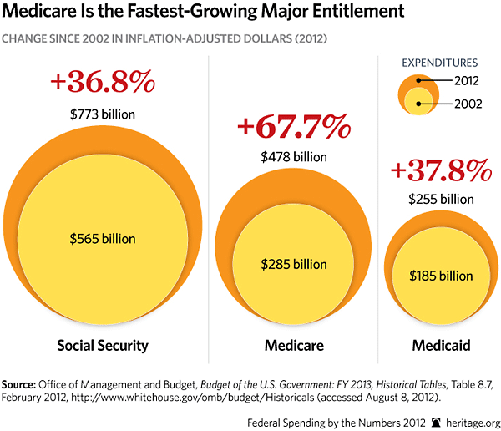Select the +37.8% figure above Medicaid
[439, 170]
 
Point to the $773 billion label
[102, 113]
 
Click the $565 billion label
[102, 238]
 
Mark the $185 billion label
[439, 275]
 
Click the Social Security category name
[102, 345]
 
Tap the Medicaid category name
[439, 345]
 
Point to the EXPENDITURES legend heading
[439, 62]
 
